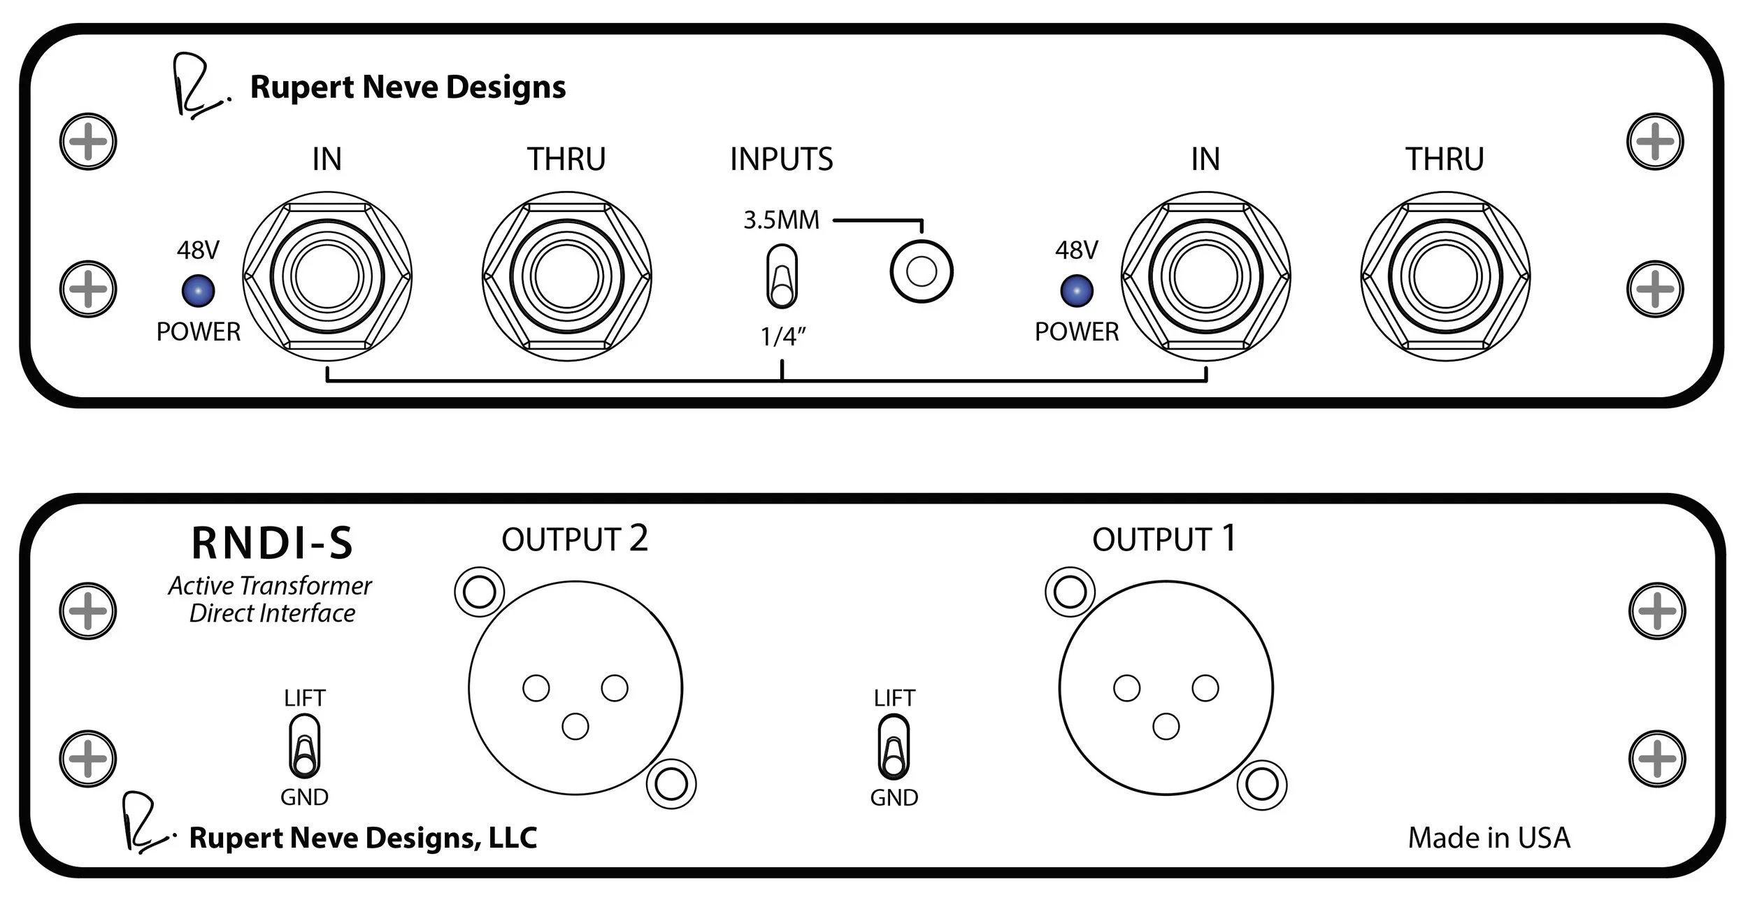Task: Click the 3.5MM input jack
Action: (x=921, y=271)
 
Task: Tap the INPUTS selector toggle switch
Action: (x=782, y=276)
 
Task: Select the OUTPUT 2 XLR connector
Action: (x=575, y=687)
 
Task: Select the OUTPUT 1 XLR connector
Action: (x=1166, y=687)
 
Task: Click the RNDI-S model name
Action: (x=272, y=543)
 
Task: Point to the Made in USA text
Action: (x=1489, y=837)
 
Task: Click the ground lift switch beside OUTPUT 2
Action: (x=304, y=746)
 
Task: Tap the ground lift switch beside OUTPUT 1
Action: (x=894, y=746)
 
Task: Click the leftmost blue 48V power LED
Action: (x=198, y=291)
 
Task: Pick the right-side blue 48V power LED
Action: (x=1077, y=291)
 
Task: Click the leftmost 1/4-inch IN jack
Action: (x=327, y=276)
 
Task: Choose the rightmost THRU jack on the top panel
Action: (x=1445, y=276)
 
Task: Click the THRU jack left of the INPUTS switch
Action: (x=566, y=276)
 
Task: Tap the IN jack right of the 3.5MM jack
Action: (x=1205, y=276)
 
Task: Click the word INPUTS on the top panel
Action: (x=782, y=159)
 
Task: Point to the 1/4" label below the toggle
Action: (x=783, y=336)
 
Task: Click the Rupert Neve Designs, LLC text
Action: (x=363, y=838)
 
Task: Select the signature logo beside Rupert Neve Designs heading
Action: (x=199, y=86)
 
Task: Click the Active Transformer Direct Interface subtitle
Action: (x=271, y=599)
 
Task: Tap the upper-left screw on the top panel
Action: (x=88, y=141)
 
